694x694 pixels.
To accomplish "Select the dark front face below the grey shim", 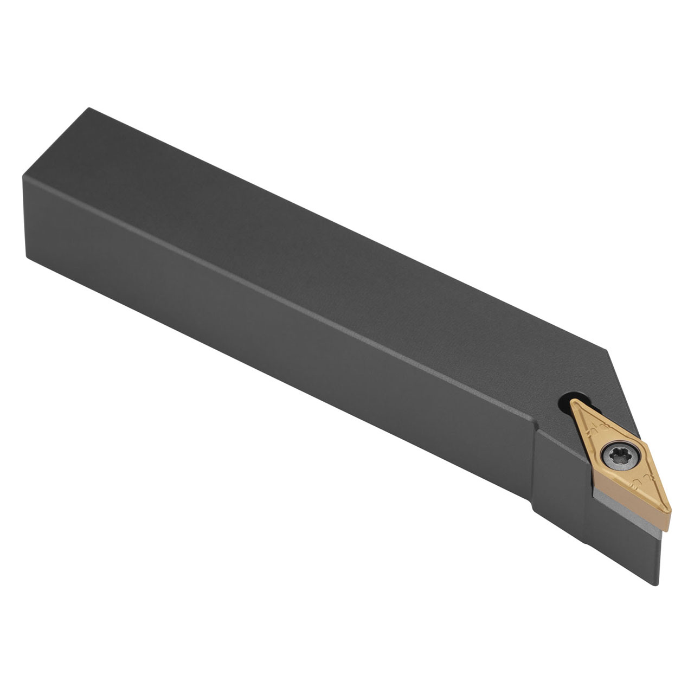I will tap(624, 548).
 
